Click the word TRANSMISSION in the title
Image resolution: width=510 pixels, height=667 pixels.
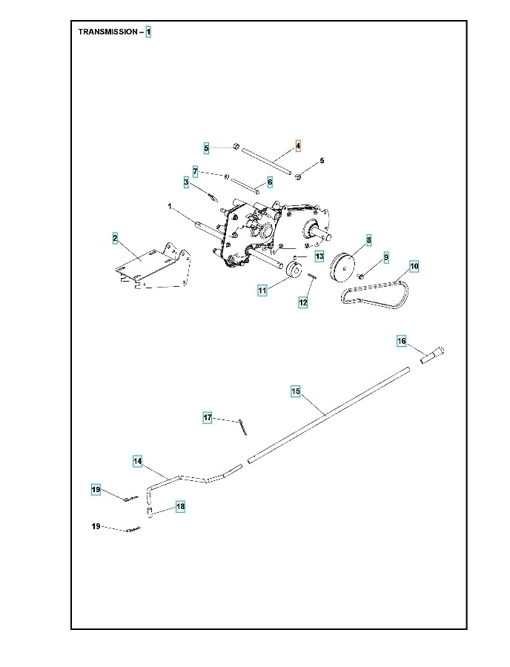(108, 33)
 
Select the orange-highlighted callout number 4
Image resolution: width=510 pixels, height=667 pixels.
(298, 146)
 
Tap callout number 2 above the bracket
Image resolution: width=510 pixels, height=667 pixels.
(115, 238)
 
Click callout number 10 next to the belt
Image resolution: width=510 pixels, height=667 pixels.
(414, 265)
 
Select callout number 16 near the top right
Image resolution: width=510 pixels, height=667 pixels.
(401, 341)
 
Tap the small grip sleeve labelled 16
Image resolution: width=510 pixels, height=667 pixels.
(432, 355)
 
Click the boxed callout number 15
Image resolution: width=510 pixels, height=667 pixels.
(295, 391)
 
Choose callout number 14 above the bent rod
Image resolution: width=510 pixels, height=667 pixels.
(138, 461)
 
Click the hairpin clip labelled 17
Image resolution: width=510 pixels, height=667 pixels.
(244, 427)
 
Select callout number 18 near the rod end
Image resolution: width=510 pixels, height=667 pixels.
(180, 506)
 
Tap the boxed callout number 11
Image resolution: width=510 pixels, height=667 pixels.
(262, 291)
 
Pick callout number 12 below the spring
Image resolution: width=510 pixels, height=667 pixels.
(302, 302)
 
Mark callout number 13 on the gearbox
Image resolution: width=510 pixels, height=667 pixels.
(319, 256)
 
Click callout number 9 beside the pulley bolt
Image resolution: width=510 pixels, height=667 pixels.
(385, 256)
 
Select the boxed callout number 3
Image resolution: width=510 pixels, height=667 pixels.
(186, 182)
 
